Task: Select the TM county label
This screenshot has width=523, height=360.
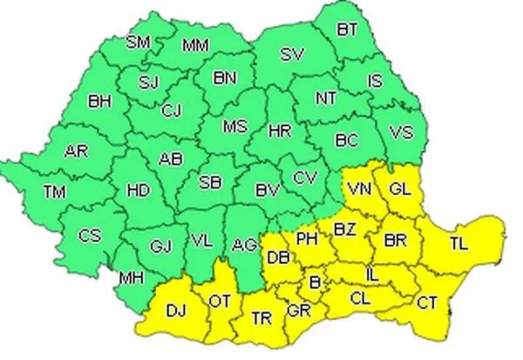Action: click(54, 192)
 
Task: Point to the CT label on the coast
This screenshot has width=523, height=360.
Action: click(427, 302)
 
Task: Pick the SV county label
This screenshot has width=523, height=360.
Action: click(292, 54)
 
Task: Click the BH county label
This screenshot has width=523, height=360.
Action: click(99, 101)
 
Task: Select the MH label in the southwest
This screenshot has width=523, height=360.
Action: click(131, 278)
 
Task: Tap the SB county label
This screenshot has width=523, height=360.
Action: click(210, 182)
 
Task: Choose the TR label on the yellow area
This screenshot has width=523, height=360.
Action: click(261, 318)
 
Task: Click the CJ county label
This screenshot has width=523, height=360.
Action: click(170, 110)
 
